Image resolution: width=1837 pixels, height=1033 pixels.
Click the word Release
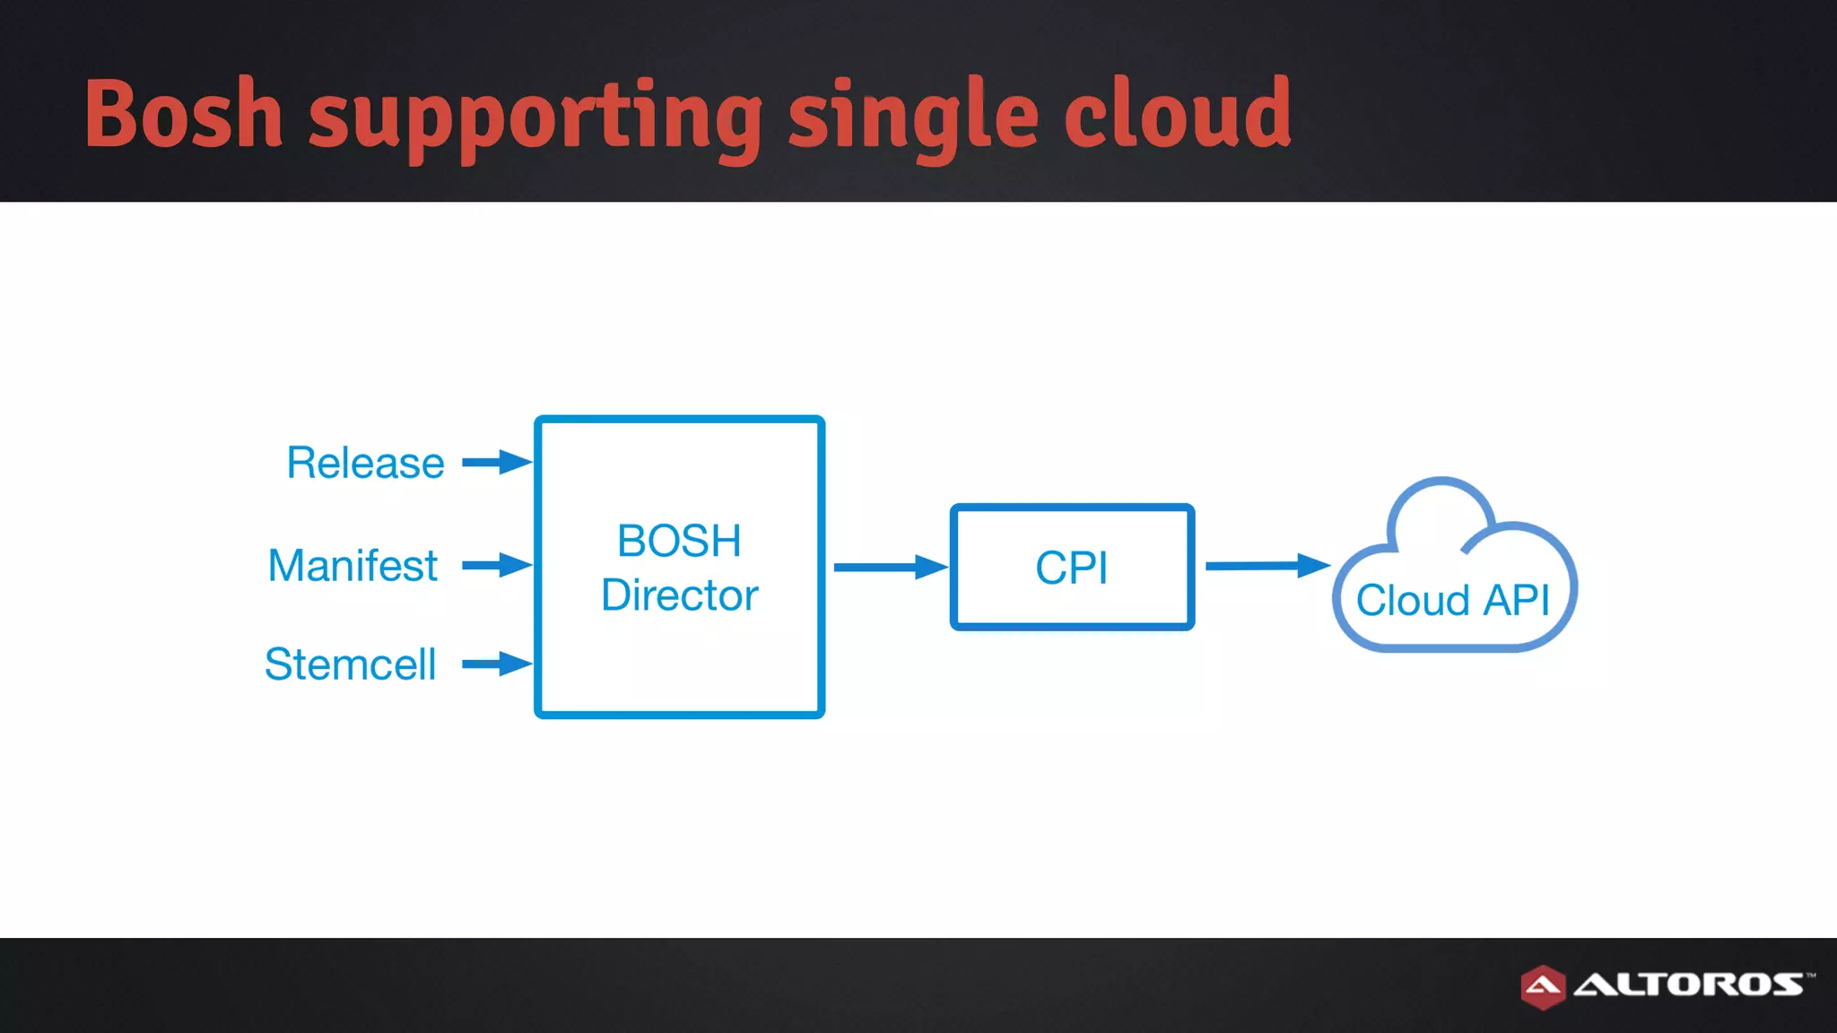tap(365, 464)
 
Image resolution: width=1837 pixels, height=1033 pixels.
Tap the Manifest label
tap(353, 567)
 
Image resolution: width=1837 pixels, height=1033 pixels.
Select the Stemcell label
tap(350, 665)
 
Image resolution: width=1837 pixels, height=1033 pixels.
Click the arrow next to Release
tap(496, 463)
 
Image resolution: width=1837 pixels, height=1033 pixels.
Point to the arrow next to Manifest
tap(496, 565)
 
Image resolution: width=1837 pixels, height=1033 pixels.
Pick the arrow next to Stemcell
tap(496, 664)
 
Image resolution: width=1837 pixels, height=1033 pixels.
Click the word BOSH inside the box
tap(679, 542)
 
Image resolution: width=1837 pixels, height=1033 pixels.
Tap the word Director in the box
tap(679, 595)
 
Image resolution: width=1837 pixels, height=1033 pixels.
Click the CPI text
tap(1071, 569)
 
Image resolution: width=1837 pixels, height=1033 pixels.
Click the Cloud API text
tap(1452, 601)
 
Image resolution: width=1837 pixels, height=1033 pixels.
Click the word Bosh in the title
tap(184, 114)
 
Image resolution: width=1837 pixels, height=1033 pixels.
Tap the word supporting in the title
tap(535, 117)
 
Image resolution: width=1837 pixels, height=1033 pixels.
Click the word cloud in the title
tap(1177, 114)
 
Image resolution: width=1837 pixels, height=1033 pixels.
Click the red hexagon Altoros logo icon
tap(1542, 986)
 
